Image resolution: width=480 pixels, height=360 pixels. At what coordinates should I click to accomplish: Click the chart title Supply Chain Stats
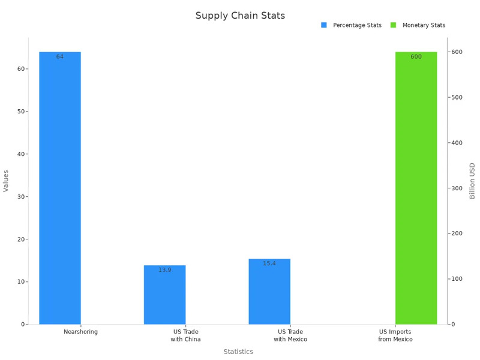pos(240,16)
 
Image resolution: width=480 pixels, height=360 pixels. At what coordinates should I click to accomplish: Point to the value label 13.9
pos(165,270)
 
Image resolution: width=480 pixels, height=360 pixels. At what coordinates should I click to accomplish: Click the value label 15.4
pos(269,263)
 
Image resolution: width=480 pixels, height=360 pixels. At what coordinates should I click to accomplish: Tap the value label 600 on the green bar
pos(416,57)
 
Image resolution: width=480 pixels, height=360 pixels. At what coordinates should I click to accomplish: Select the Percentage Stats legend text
pos(357,25)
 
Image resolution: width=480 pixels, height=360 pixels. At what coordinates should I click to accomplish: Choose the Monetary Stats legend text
pos(424,25)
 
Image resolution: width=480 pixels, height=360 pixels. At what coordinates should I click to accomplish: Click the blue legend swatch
pos(324,25)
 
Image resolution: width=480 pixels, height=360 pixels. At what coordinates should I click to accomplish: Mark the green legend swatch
pos(394,25)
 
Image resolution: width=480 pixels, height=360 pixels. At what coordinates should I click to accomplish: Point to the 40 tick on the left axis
pos(22,154)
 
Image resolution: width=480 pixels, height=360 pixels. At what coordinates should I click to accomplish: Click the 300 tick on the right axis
pos(457,188)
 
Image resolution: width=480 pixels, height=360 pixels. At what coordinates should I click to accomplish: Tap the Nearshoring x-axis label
pos(80,332)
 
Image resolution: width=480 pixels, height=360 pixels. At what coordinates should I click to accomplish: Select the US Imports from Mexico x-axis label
pos(395,335)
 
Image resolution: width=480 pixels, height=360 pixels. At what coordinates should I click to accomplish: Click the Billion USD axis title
pos(472,181)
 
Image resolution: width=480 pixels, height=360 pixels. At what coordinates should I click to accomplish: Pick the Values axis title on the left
pos(7,181)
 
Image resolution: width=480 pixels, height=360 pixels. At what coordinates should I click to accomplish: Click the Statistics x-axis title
pos(238,352)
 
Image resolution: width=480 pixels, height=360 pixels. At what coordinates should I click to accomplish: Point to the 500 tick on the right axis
pos(457,97)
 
